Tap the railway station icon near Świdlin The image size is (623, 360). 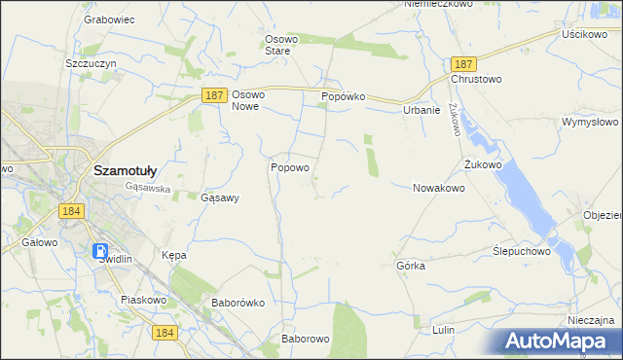(101, 251)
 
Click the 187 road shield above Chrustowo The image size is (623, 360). (462, 61)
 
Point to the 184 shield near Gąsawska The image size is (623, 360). (69, 210)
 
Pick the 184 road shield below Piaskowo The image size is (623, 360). (164, 333)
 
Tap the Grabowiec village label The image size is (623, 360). (109, 18)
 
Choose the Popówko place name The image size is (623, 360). (343, 97)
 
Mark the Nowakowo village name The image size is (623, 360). (438, 188)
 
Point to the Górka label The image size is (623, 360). (411, 265)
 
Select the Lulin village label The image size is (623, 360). (444, 330)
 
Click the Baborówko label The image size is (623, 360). (238, 303)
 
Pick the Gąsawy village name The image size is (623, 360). (219, 197)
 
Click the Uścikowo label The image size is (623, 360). (585, 33)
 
